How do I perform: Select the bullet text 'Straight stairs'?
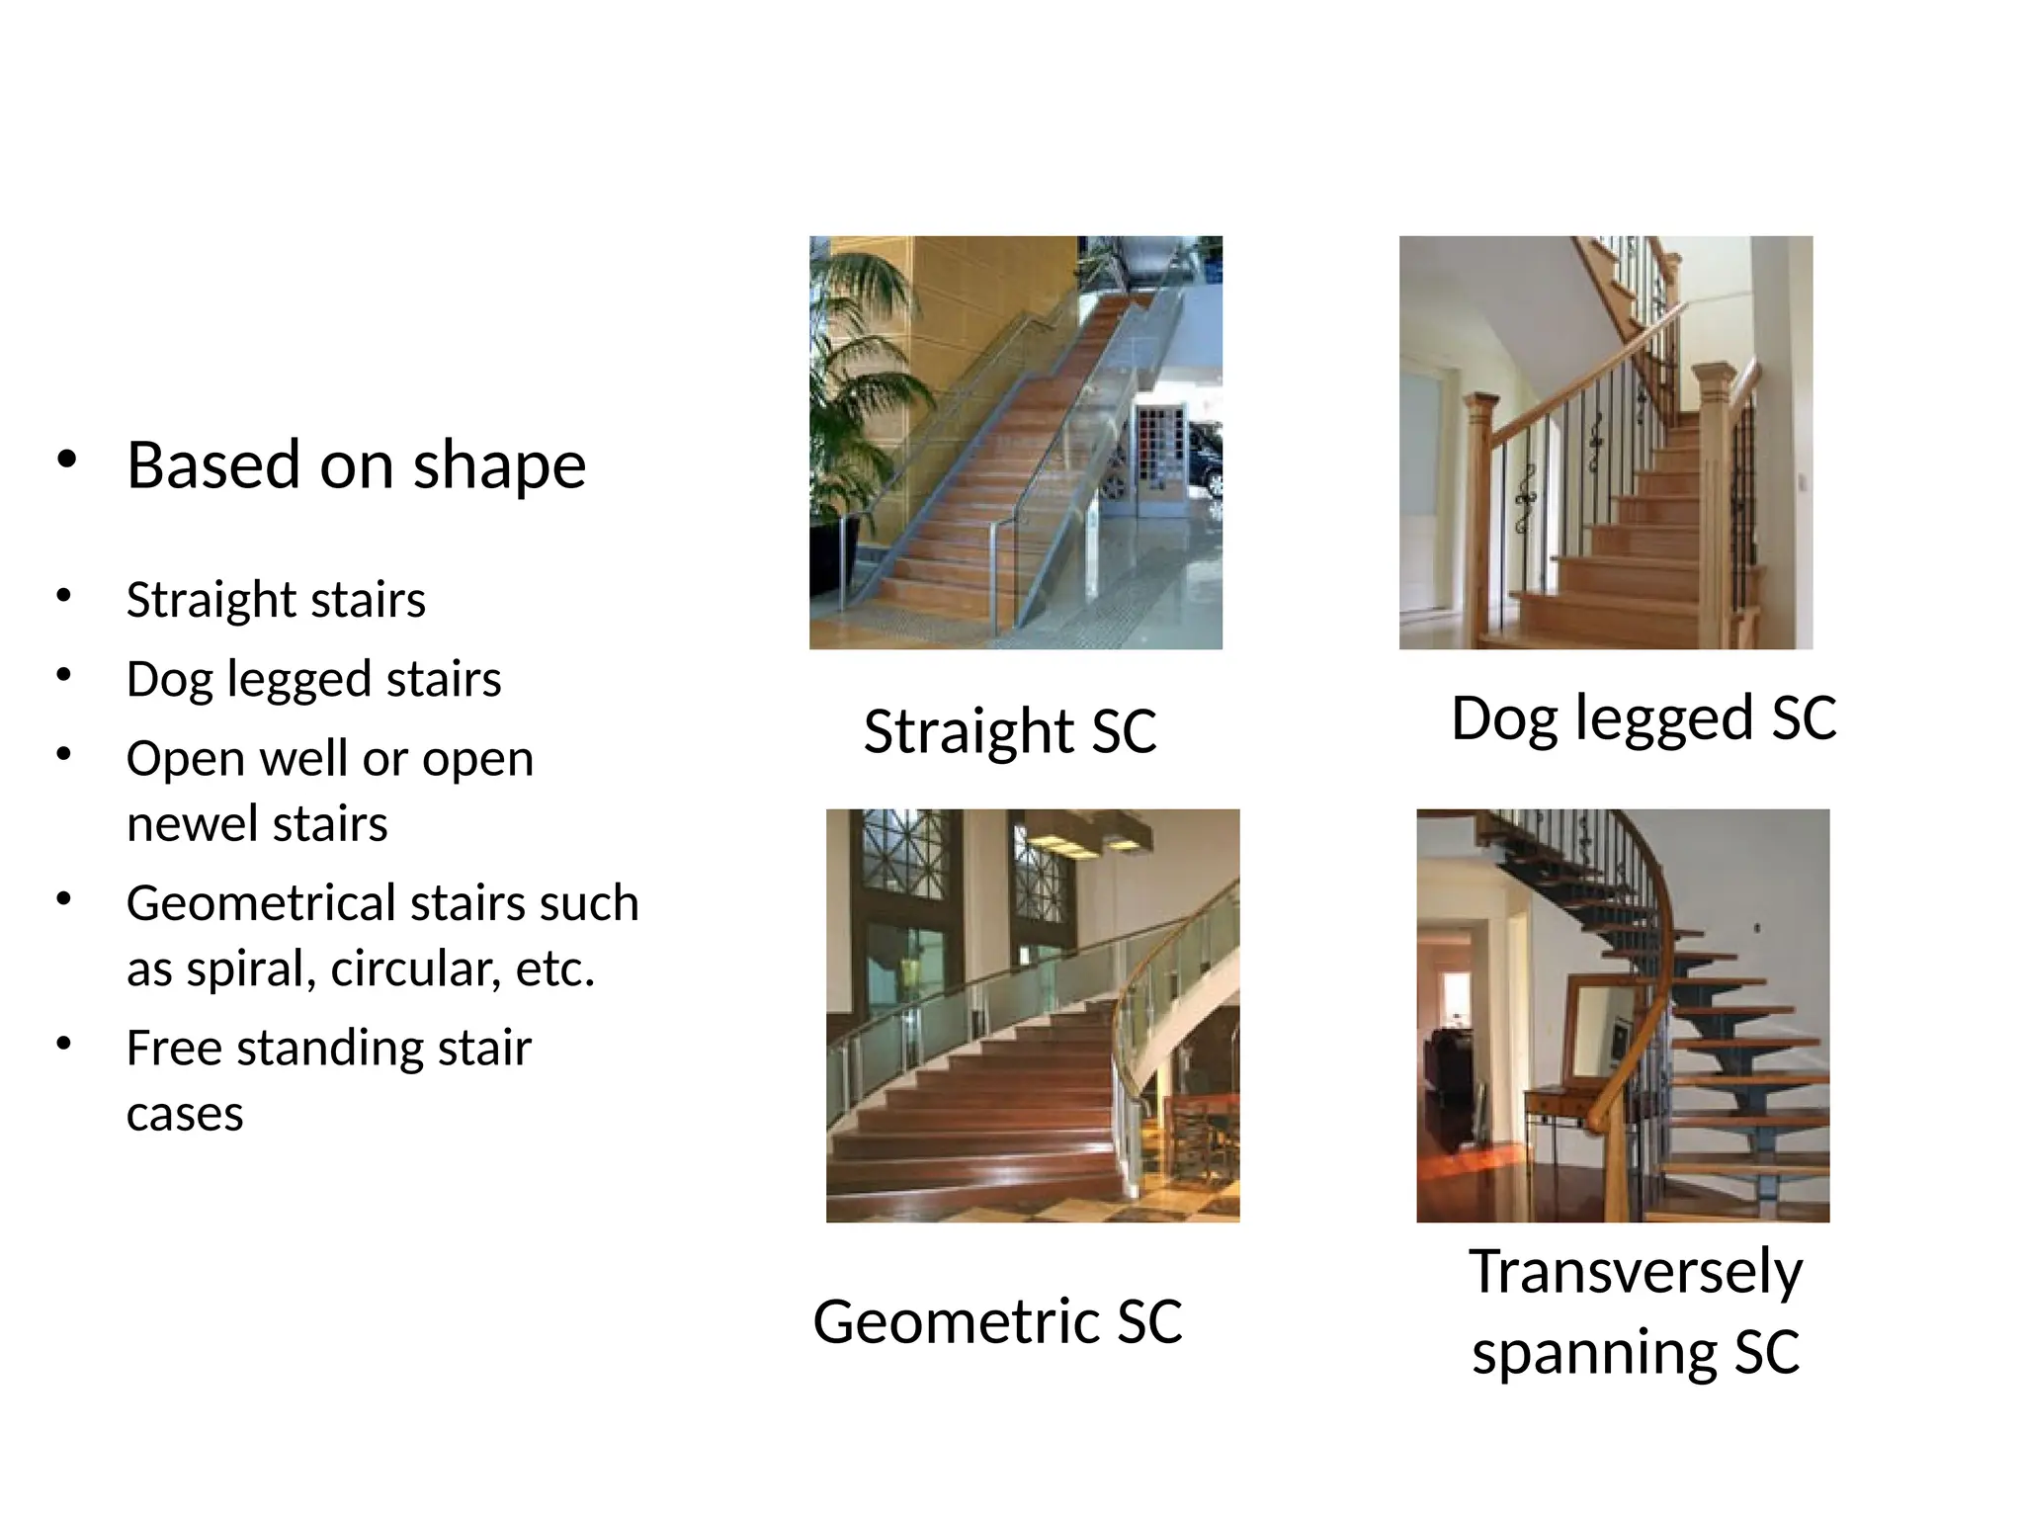tap(276, 599)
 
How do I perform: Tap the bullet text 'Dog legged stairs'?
tap(313, 679)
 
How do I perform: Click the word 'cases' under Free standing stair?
tap(185, 1114)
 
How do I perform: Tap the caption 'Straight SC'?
tap(1009, 731)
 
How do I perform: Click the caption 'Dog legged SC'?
tap(1643, 717)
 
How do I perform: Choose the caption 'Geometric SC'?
tap(997, 1321)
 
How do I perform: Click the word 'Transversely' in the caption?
tap(1635, 1272)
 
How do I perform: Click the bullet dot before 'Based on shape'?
tap(66, 460)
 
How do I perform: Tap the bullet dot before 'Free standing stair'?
tap(64, 1044)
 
